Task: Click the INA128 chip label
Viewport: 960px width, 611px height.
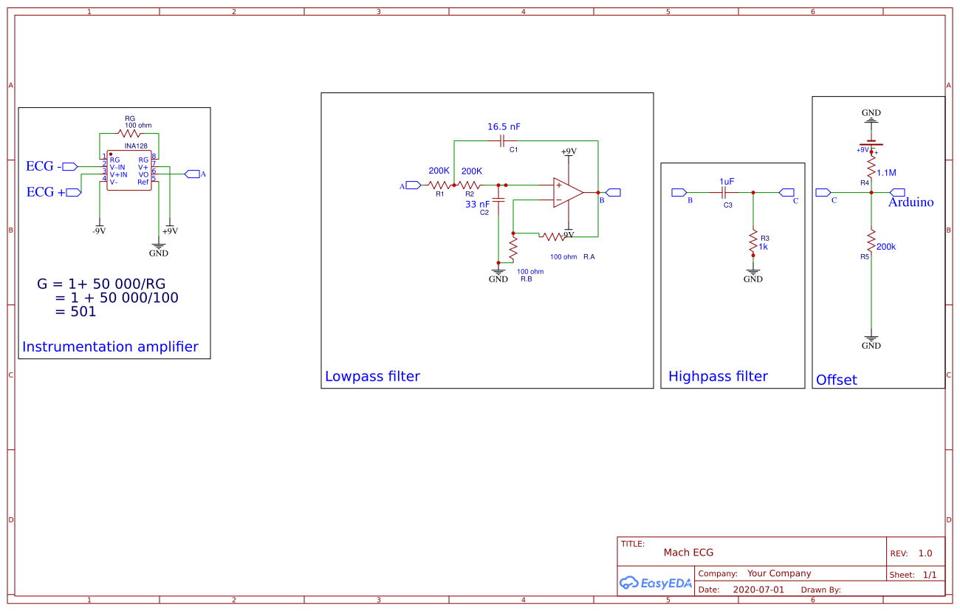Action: click(x=135, y=146)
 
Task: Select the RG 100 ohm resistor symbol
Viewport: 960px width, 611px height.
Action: click(x=129, y=134)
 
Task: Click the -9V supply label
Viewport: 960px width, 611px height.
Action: click(x=98, y=231)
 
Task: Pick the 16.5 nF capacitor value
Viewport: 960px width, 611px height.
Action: click(x=504, y=127)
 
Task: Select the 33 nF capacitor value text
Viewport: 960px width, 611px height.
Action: click(x=477, y=205)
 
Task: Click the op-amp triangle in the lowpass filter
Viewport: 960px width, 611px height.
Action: click(x=567, y=192)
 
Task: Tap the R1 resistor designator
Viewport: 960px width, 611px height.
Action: click(x=439, y=194)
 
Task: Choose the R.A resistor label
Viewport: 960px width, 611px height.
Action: click(x=589, y=257)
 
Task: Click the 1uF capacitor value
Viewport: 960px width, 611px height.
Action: click(x=727, y=181)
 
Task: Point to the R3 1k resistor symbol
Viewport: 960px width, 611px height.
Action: click(x=753, y=240)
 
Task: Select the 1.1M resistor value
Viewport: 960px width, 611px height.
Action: click(x=886, y=173)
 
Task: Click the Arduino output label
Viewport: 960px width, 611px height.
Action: click(x=911, y=202)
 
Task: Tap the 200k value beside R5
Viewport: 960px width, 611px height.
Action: click(x=885, y=247)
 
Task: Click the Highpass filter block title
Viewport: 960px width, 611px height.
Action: click(x=718, y=376)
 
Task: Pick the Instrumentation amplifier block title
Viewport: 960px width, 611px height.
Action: click(x=110, y=347)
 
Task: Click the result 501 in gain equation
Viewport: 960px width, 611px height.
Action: click(x=83, y=312)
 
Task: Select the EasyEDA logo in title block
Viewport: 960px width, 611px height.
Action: click(x=655, y=583)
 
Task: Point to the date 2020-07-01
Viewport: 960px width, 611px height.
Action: click(x=758, y=590)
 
